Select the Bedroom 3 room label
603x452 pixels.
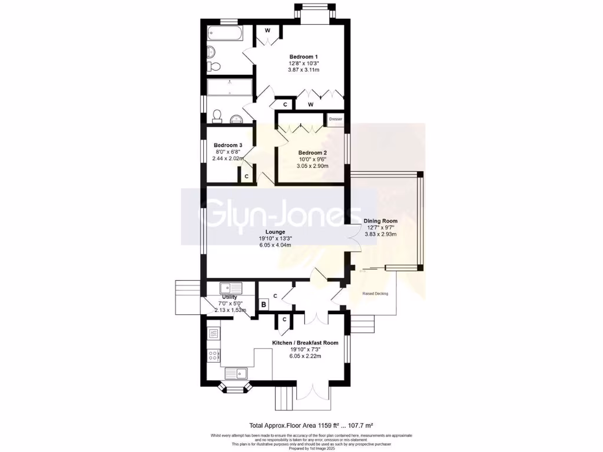point(228,145)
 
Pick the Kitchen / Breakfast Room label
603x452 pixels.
point(304,343)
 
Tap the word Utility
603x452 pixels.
point(229,297)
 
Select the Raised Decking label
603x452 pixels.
point(376,293)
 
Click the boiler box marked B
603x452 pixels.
point(264,304)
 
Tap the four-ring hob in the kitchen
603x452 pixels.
point(213,355)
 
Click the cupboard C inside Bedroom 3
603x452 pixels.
point(246,176)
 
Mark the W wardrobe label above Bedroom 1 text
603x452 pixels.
point(267,31)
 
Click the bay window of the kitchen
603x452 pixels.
point(235,388)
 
